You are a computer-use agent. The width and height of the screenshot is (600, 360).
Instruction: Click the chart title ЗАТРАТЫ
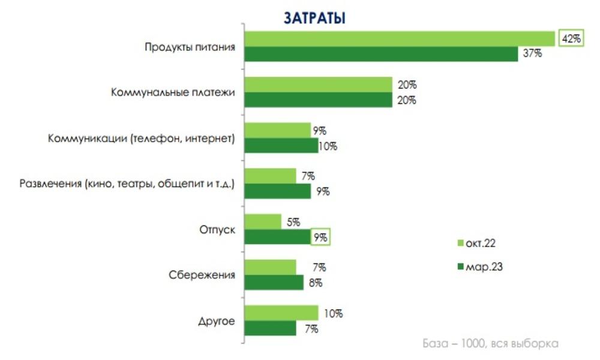(x=314, y=17)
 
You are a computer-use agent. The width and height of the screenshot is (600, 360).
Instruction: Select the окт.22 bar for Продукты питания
(x=400, y=38)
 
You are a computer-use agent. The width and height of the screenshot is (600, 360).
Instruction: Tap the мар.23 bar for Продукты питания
(x=382, y=53)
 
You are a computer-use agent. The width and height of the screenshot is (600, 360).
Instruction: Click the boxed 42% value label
(x=571, y=38)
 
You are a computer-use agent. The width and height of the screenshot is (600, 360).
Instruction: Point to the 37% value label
(x=532, y=53)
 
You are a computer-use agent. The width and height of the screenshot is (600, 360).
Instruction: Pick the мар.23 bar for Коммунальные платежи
(x=319, y=100)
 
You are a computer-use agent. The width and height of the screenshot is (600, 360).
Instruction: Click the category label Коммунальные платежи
(x=172, y=92)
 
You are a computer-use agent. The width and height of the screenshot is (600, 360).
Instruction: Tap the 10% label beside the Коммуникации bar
(x=328, y=146)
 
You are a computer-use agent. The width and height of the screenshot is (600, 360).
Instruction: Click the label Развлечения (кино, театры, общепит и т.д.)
(x=127, y=184)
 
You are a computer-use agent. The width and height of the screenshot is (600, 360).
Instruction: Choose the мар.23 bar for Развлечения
(x=278, y=191)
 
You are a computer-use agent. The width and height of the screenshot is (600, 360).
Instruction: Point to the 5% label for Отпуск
(x=293, y=222)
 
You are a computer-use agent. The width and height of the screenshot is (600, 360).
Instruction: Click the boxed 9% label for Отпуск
(x=321, y=237)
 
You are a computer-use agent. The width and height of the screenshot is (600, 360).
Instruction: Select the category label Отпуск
(x=217, y=229)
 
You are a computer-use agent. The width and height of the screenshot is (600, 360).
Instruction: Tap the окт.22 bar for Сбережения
(x=271, y=267)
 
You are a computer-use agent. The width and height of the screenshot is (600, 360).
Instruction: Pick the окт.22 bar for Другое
(x=282, y=313)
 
